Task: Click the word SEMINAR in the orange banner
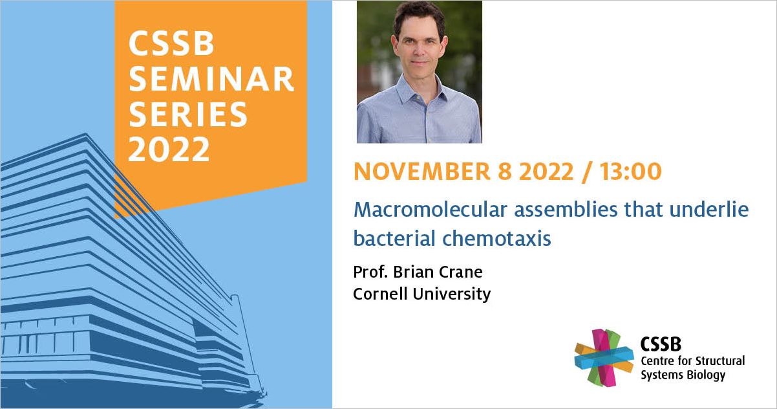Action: click(x=211, y=79)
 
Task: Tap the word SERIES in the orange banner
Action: click(x=188, y=115)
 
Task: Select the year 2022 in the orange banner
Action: click(x=169, y=149)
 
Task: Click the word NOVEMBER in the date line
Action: click(x=422, y=171)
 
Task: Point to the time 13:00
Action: click(x=631, y=171)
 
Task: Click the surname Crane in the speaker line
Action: click(x=461, y=272)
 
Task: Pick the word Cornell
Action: click(x=380, y=294)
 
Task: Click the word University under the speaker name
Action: click(x=452, y=294)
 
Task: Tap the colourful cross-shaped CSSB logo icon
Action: click(x=604, y=358)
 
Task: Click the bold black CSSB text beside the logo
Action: click(x=661, y=344)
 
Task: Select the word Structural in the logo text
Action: click(x=720, y=361)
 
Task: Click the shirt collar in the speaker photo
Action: click(x=420, y=89)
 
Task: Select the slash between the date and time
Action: click(x=586, y=172)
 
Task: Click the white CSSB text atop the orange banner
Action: click(x=171, y=43)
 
